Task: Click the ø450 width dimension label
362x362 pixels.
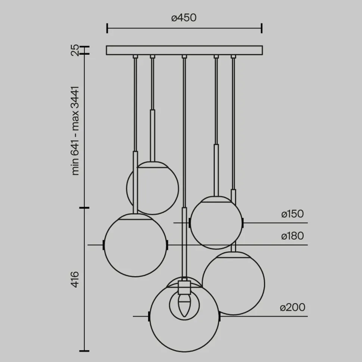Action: pyautogui.click(x=184, y=18)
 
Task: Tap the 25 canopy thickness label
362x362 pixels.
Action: pyautogui.click(x=75, y=50)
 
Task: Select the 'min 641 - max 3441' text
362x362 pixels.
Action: pyautogui.click(x=75, y=130)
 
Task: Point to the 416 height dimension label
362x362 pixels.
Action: pyautogui.click(x=75, y=279)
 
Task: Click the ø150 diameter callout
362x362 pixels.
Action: pyautogui.click(x=293, y=214)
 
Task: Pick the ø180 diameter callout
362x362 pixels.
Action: pyautogui.click(x=293, y=236)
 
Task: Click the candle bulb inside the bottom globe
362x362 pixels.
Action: pyautogui.click(x=184, y=304)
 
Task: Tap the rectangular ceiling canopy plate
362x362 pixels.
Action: pyautogui.click(x=184, y=50)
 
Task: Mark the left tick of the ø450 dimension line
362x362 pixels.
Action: pyautogui.click(x=107, y=28)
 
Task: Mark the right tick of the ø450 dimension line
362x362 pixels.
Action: pyautogui.click(x=262, y=28)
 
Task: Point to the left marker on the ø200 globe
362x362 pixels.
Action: pyautogui.click(x=149, y=316)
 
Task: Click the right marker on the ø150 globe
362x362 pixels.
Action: pyautogui.click(x=243, y=223)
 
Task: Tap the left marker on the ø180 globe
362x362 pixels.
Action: pyautogui.click(x=104, y=245)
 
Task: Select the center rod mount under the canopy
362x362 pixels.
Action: pyautogui.click(x=184, y=57)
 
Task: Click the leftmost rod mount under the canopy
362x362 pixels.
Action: pyautogui.click(x=135, y=57)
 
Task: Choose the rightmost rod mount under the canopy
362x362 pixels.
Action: pyautogui.click(x=234, y=57)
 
